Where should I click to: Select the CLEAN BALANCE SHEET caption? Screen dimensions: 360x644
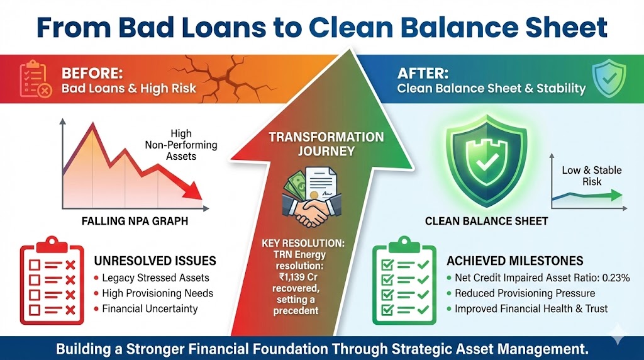click(477, 221)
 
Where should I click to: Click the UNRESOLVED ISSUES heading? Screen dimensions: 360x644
click(155, 261)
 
